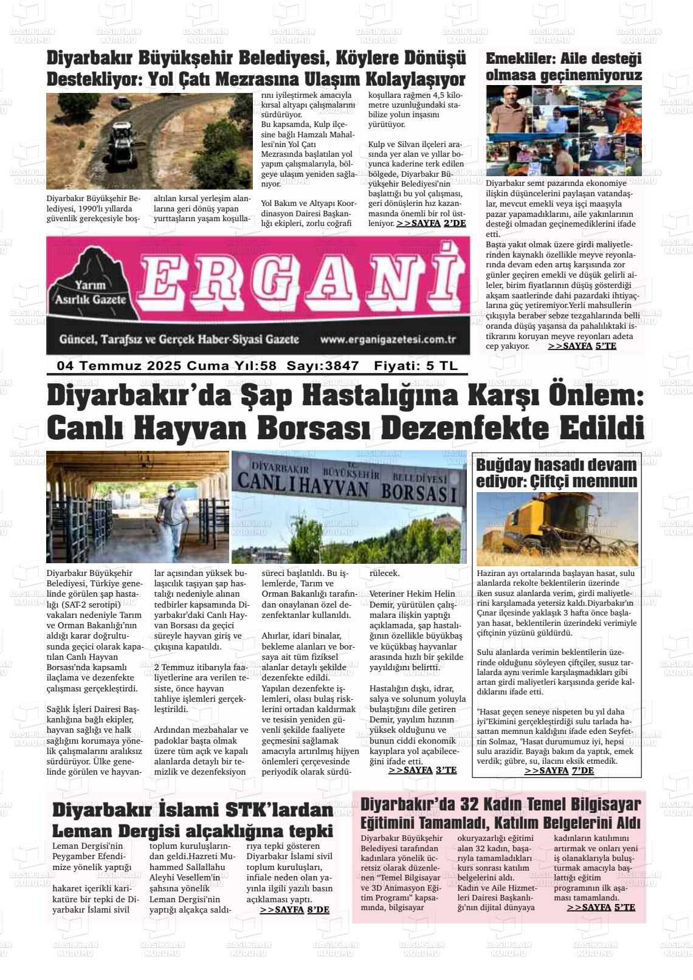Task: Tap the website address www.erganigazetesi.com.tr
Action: tap(388, 340)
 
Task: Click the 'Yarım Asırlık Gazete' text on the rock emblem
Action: tap(91, 292)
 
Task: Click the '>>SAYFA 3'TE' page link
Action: tap(422, 770)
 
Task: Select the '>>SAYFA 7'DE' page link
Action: tap(559, 770)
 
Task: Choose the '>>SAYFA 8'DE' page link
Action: tap(294, 909)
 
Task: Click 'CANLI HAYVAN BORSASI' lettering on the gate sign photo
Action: tap(346, 488)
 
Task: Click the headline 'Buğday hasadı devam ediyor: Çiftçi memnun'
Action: tap(556, 473)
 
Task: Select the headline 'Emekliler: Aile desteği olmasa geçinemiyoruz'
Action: tap(564, 67)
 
